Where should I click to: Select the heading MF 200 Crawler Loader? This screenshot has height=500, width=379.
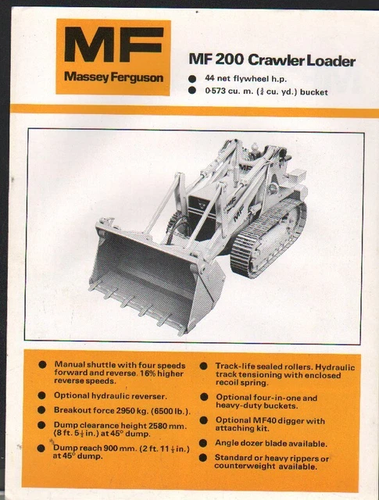click(x=272, y=61)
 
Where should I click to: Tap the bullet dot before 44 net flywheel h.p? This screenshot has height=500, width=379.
click(x=193, y=78)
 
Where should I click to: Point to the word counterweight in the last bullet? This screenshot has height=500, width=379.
click(x=251, y=466)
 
